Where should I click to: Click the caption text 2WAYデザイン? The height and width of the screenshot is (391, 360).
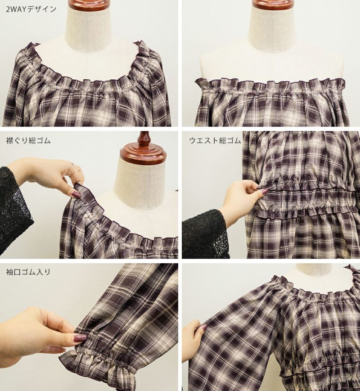point(31,9)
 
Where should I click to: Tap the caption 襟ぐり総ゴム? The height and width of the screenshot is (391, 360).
point(28,140)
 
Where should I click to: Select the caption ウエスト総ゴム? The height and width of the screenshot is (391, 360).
point(215,141)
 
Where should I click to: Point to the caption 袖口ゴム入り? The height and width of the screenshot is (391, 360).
point(28,272)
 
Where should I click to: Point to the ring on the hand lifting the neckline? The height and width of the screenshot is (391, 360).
point(74,164)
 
